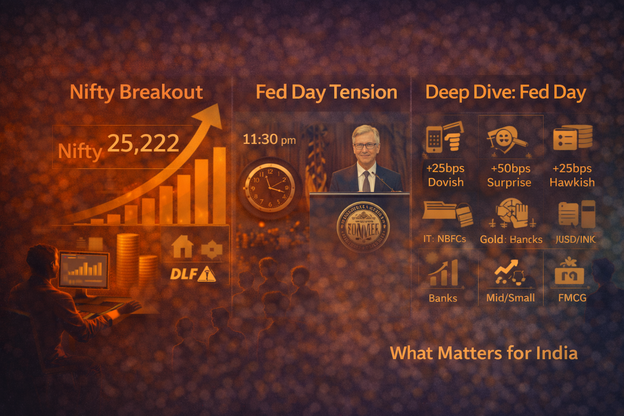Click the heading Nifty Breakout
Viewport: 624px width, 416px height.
point(136,92)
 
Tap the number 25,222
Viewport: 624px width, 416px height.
point(143,143)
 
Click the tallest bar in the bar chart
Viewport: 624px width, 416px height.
point(219,185)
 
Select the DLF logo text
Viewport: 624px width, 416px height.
point(183,274)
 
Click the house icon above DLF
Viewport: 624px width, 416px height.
point(182,247)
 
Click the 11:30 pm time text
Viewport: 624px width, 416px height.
point(269,140)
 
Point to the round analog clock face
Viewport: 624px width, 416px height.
point(269,188)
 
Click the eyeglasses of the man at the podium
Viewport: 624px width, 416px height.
point(365,145)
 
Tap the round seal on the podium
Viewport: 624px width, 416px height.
point(363,227)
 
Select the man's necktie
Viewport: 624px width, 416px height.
point(366,181)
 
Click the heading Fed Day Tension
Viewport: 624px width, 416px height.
point(326,92)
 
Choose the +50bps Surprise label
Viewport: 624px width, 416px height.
point(509,175)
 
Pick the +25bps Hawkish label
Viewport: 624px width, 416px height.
point(572,175)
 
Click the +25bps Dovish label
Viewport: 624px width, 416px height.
point(446,175)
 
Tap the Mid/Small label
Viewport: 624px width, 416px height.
point(511,298)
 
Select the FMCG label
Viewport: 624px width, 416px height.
point(572,298)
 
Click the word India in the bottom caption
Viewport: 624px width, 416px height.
point(557,353)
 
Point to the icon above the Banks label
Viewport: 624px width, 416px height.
point(443,273)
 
